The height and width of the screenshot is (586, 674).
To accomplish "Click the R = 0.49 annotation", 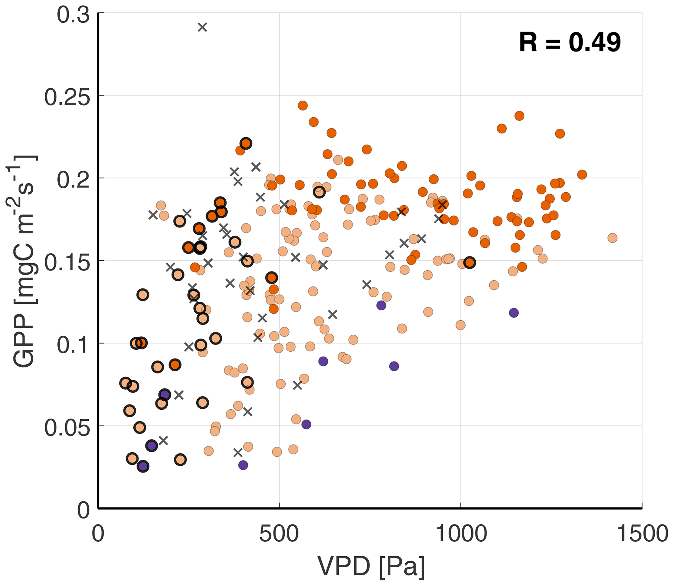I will [570, 42].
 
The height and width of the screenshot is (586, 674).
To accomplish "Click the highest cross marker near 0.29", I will [202, 27].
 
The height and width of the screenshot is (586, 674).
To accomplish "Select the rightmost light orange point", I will [612, 238].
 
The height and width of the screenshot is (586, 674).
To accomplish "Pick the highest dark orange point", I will [303, 105].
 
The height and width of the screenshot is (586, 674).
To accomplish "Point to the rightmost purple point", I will [514, 313].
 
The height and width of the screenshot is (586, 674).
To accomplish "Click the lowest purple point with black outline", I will [143, 466].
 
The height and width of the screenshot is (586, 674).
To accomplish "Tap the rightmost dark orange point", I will [582, 175].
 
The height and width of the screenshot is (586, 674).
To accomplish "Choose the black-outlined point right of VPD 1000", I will [470, 262].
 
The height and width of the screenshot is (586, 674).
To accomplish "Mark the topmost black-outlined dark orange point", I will [246, 143].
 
